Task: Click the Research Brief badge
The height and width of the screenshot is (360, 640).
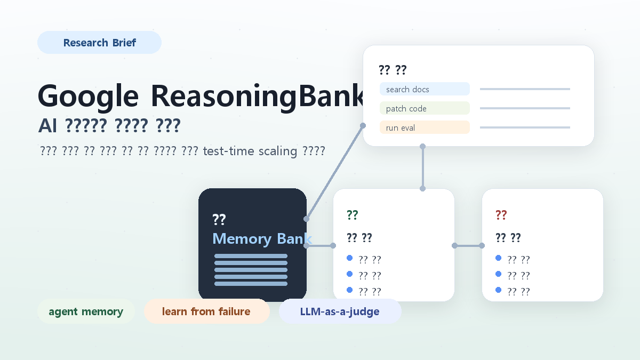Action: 99,43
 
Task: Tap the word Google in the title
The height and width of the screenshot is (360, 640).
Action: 88,96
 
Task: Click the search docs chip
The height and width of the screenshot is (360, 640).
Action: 425,89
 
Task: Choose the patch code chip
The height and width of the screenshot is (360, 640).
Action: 425,108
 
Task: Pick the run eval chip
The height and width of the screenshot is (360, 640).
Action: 425,127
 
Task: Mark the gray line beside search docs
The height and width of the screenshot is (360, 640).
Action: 525,89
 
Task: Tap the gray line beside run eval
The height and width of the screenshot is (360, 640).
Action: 525,127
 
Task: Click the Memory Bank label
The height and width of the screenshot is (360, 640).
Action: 261,238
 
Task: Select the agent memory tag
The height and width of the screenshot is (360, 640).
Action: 86,311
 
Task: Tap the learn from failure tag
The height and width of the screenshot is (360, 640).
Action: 206,311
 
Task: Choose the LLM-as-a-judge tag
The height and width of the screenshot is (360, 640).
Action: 340,311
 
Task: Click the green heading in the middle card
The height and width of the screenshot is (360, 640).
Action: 352,215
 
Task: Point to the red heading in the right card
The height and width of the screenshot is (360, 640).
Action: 501,215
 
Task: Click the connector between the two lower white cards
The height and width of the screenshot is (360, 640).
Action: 468,246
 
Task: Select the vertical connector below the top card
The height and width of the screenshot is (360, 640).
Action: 422,167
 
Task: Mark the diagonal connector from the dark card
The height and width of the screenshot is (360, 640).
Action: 334,172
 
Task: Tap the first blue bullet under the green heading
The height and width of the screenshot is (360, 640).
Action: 350,258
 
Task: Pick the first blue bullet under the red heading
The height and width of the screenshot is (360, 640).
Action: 499,258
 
